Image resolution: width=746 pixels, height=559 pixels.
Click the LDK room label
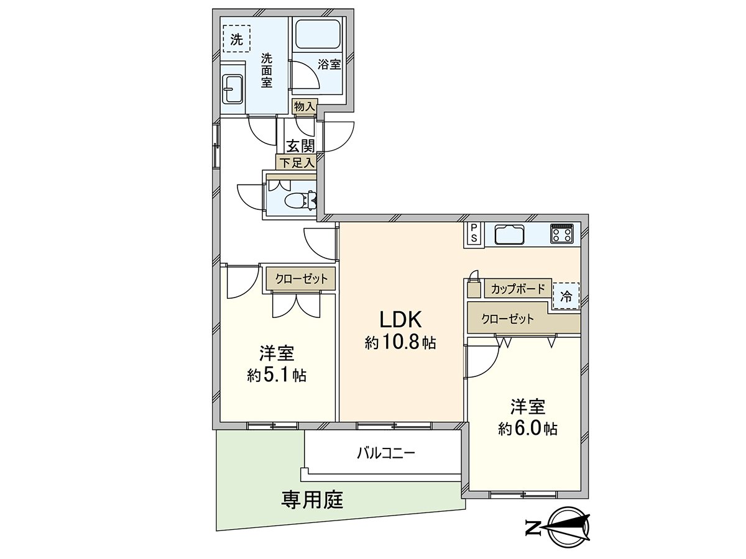[x=401, y=320]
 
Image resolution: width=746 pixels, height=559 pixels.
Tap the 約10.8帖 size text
[x=401, y=342]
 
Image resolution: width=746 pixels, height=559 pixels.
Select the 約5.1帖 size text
[x=277, y=375]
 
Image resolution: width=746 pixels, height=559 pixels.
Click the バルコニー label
[x=385, y=453]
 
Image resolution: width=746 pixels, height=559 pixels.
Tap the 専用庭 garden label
[x=313, y=499]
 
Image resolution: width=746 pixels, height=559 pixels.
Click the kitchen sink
[x=510, y=235]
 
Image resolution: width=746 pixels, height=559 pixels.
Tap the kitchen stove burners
[x=563, y=234]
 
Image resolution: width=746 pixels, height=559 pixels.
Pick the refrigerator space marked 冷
[x=566, y=296]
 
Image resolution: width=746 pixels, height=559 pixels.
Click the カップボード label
[x=518, y=289]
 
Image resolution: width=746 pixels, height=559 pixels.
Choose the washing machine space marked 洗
[x=236, y=39]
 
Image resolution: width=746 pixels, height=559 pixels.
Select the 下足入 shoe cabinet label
[x=296, y=163]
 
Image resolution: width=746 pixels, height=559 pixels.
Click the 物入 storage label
[x=305, y=107]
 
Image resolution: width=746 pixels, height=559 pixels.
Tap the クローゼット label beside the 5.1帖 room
[x=301, y=278]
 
